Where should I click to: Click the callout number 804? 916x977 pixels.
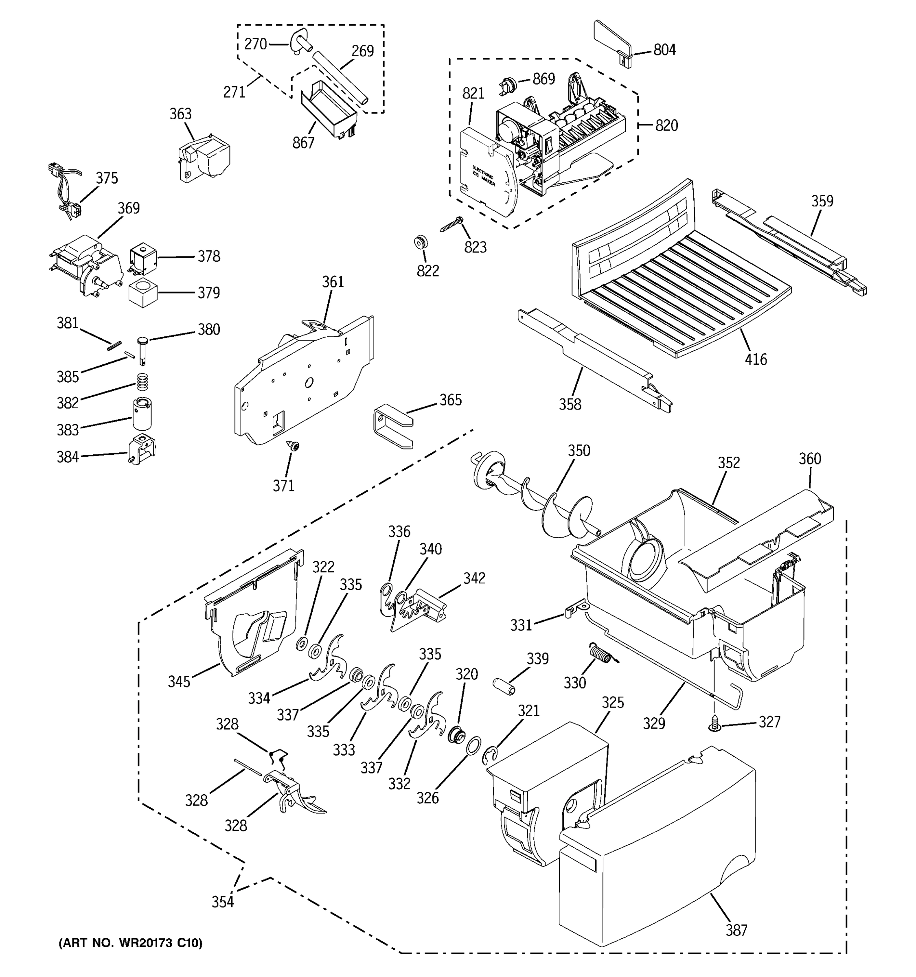(664, 50)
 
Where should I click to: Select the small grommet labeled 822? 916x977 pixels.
(420, 242)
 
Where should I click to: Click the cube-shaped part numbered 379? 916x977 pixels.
(143, 293)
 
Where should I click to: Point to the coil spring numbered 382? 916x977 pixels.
(142, 380)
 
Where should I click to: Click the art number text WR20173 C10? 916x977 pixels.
(130, 942)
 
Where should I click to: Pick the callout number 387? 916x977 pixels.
(736, 930)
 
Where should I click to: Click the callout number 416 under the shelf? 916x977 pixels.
(755, 359)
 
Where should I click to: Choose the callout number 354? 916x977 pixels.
(222, 902)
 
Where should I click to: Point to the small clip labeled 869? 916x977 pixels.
(506, 85)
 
